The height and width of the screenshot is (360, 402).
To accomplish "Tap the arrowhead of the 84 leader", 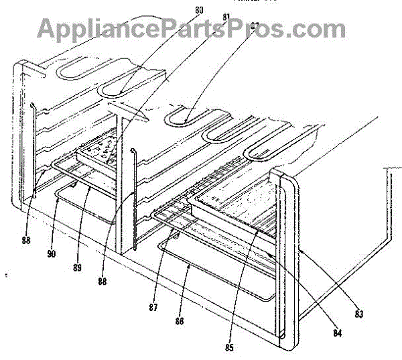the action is pos(268,253).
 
